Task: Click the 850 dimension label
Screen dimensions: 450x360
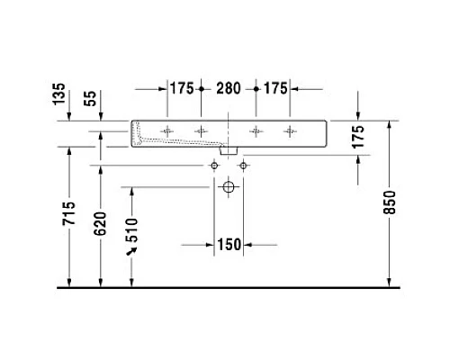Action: point(390,202)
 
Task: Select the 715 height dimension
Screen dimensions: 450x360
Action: point(69,213)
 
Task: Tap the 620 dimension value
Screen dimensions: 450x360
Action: point(101,223)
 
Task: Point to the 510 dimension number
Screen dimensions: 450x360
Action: point(131,230)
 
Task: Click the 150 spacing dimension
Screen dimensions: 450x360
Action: point(229,245)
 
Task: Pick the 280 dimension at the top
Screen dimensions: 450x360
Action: point(229,88)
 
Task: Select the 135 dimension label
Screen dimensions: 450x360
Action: point(58,94)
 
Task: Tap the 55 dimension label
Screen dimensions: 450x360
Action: point(90,98)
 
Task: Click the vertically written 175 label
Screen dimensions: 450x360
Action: point(358,137)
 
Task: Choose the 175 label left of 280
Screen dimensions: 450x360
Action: point(182,88)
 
